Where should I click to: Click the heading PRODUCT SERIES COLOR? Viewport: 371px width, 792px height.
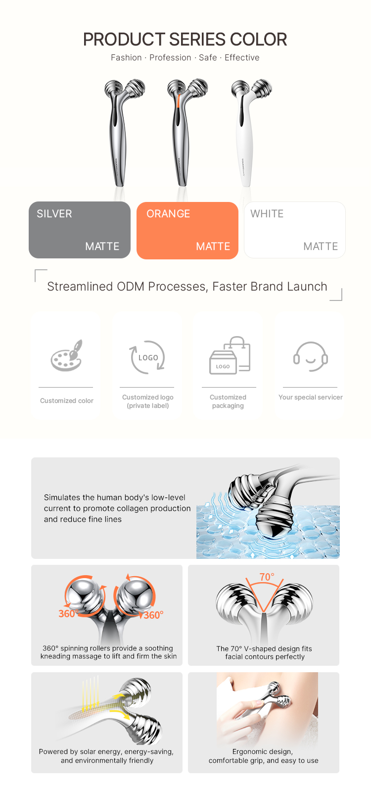[185, 39]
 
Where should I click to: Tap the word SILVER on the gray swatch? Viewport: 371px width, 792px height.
[54, 213]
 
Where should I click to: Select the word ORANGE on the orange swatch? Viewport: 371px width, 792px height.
[168, 213]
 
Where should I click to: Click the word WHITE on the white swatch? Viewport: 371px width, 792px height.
[267, 213]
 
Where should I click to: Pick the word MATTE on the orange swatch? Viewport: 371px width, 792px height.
[213, 246]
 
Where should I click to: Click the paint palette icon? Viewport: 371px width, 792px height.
[67, 355]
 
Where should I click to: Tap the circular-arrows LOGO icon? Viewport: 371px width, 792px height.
[148, 357]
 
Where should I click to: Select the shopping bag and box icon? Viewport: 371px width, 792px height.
[230, 355]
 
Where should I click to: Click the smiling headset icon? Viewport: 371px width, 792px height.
[311, 356]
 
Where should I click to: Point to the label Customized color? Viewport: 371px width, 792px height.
[67, 400]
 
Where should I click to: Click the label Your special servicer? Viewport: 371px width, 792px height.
[311, 397]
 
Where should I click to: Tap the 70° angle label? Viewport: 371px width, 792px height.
[267, 577]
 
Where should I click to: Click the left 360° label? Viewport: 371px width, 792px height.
[67, 613]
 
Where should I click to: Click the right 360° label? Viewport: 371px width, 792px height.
[153, 615]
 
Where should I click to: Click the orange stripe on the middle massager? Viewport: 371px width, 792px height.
[179, 101]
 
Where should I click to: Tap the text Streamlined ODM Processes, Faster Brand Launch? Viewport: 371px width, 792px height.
[187, 287]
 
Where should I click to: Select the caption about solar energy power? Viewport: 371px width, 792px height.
[107, 756]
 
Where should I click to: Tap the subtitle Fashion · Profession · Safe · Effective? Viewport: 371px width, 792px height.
[185, 57]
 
